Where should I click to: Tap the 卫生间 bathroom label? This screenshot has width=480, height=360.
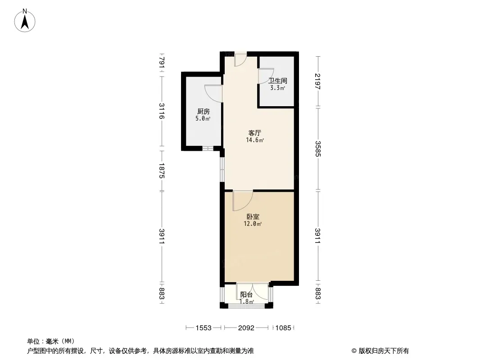[278, 81]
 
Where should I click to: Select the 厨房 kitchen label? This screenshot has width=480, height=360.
[203, 111]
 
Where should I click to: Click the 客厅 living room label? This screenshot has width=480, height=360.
[255, 133]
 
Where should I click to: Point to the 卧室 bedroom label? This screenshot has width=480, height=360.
[253, 216]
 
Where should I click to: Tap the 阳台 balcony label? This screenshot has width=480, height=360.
[246, 295]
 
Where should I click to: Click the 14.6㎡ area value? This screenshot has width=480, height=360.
[255, 140]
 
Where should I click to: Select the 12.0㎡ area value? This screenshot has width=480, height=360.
[253, 224]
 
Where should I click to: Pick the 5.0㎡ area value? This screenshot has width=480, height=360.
[203, 118]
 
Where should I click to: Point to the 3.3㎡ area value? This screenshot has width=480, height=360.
[277, 88]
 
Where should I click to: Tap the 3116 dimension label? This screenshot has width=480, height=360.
[162, 111]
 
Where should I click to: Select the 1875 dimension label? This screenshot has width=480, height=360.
[162, 171]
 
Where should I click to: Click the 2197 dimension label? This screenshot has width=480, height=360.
[317, 81]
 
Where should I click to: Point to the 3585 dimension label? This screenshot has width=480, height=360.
[317, 148]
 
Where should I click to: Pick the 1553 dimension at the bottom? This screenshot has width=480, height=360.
[203, 328]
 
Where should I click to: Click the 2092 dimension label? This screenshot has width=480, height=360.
[246, 328]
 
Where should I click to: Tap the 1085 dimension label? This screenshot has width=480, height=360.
[283, 328]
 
